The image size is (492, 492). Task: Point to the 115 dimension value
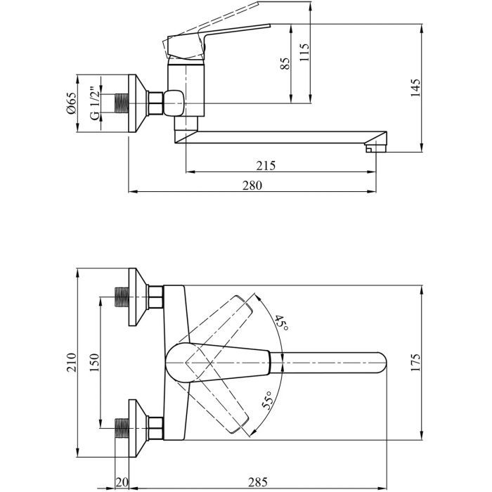coord(304,53)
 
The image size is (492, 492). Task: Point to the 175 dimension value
coord(415,363)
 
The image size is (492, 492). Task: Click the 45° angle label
coord(281,325)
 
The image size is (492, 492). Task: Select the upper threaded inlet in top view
coord(122,297)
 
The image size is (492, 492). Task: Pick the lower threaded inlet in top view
coord(122,428)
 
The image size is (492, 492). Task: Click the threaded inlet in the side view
coord(122,103)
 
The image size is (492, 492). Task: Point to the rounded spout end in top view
coord(380,363)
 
